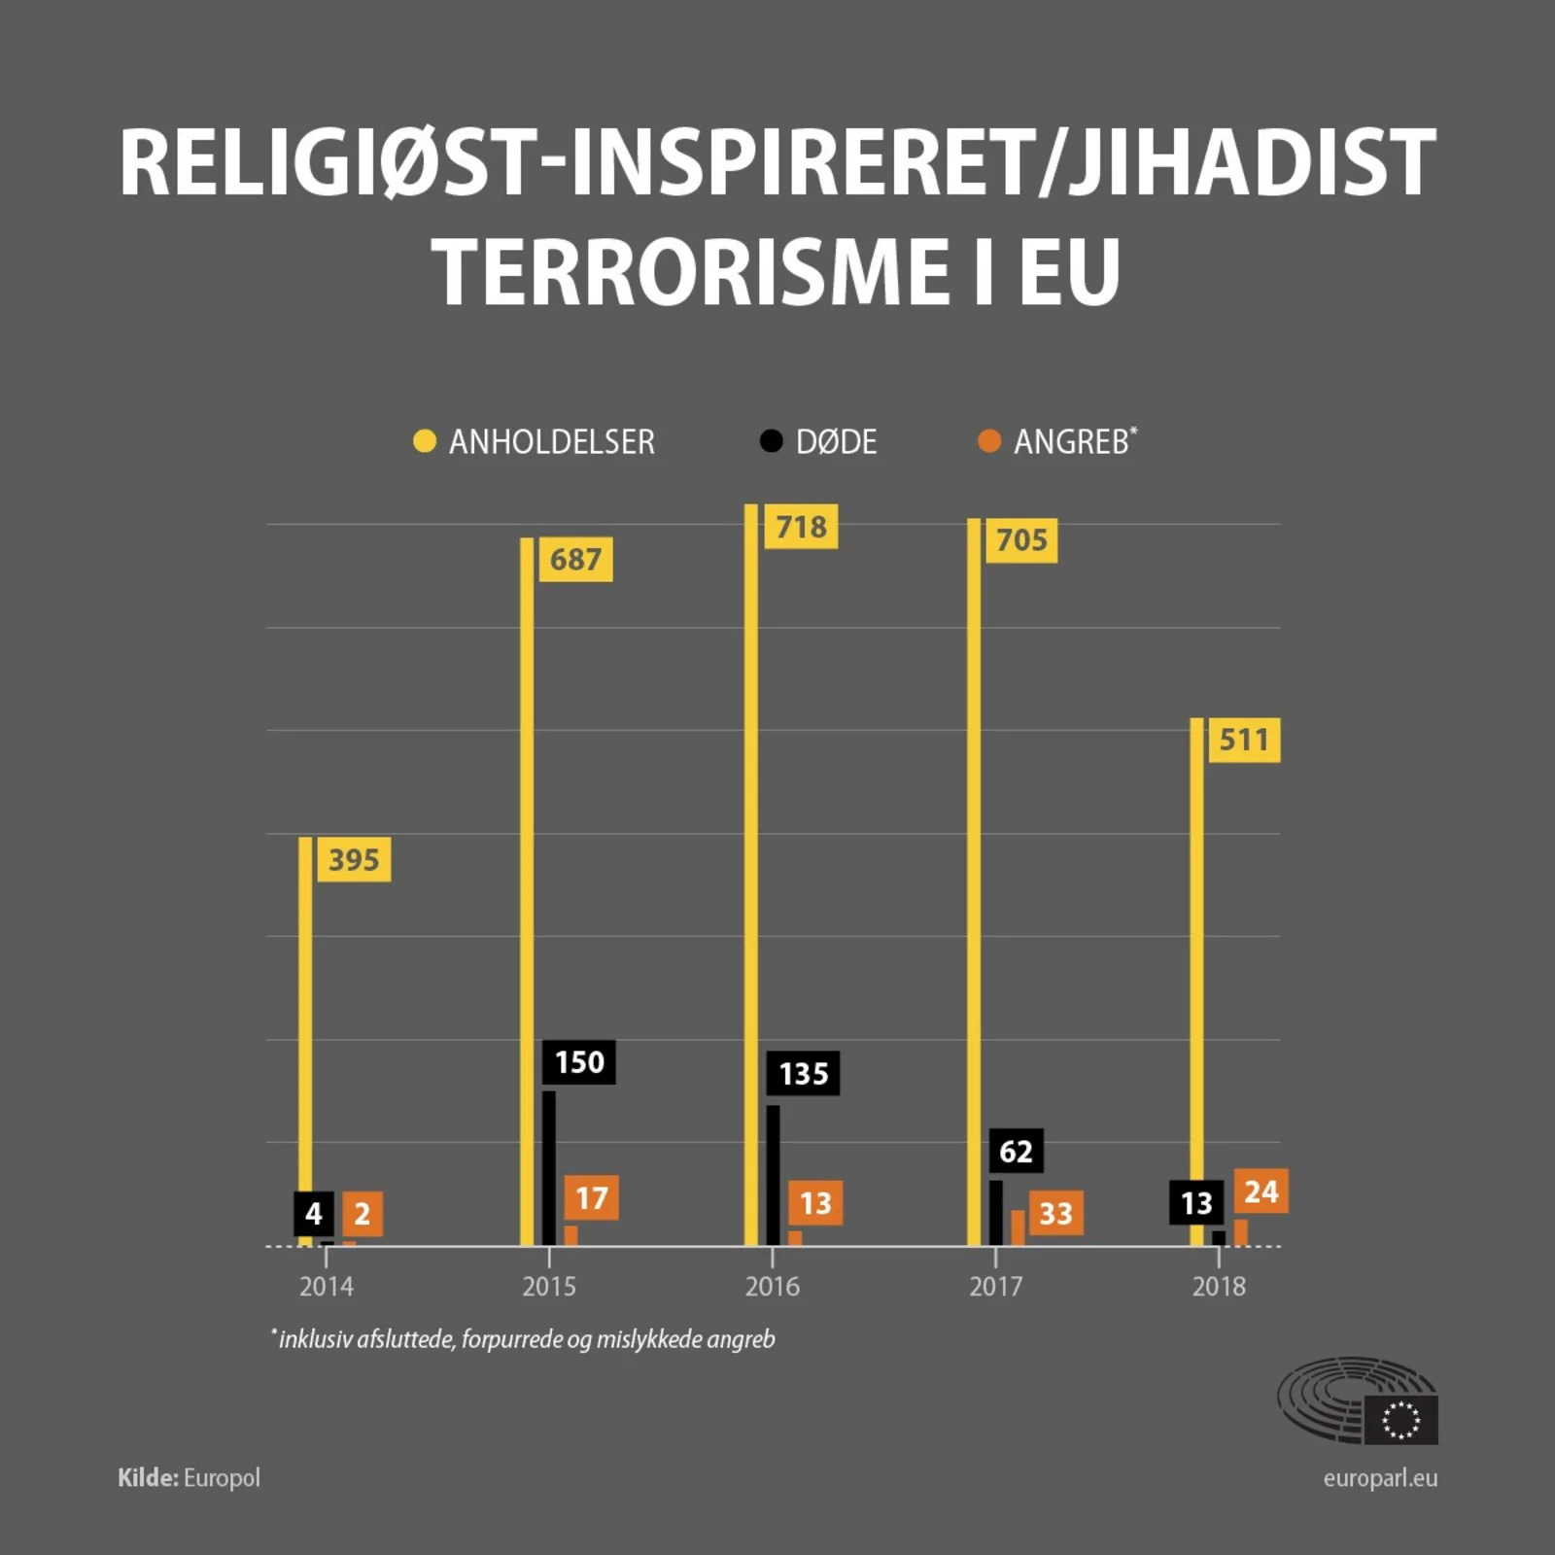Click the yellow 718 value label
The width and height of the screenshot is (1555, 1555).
(x=801, y=527)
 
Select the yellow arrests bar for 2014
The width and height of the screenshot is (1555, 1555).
(x=305, y=1040)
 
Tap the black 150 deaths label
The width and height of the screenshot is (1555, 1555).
(x=579, y=1062)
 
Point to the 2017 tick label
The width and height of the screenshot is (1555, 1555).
(x=995, y=1287)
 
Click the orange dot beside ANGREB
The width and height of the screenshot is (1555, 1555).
(x=989, y=441)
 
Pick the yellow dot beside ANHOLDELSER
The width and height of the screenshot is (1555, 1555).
(x=425, y=441)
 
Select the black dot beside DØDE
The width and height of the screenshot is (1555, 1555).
(x=771, y=441)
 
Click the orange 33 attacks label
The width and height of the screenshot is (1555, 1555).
(x=1055, y=1213)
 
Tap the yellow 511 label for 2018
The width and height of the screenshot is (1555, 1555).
(x=1244, y=740)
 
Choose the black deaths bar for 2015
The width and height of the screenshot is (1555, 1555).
(x=549, y=1166)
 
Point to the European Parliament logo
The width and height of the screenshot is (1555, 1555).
(x=1358, y=1399)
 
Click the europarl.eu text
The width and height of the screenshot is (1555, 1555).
(x=1380, y=1478)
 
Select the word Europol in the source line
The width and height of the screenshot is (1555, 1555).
(x=222, y=1478)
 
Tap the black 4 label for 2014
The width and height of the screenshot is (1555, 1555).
(x=313, y=1213)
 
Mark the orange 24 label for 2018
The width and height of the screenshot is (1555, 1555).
(x=1261, y=1191)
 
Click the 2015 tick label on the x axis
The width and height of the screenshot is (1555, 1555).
(x=549, y=1287)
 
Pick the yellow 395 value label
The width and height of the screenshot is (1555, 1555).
(x=354, y=859)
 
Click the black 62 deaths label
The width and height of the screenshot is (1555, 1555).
(x=1016, y=1151)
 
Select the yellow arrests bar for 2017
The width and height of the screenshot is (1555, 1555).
(x=974, y=875)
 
